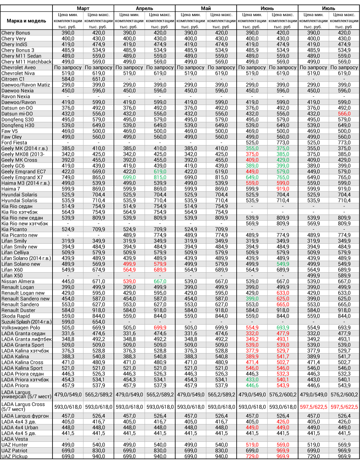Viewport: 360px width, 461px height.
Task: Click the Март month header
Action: coord(83,8)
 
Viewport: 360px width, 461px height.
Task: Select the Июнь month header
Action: coord(267,8)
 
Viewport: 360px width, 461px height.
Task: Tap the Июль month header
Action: coord(329,8)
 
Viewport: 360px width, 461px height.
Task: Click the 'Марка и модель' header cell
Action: coord(26,21)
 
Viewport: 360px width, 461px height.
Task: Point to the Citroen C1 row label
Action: coord(13,79)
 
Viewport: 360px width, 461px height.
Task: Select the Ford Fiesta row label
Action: coord(14,143)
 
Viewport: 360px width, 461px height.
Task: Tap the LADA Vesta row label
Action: coord(14,439)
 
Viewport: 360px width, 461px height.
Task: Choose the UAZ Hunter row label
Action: coord(14,445)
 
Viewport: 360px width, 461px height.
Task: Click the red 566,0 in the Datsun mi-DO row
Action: coord(344,114)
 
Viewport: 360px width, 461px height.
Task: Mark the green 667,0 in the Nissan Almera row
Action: coord(160,281)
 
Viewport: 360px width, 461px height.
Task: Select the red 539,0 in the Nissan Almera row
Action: coord(129,281)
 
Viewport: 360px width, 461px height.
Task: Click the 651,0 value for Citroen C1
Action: coord(98,79)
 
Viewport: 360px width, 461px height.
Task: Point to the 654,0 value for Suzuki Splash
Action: coord(98,322)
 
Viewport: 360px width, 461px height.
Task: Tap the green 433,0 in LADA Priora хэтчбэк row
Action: coord(252,380)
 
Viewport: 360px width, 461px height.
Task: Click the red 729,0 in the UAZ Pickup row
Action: coord(252,456)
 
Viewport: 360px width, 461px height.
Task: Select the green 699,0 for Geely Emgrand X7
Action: coord(129,177)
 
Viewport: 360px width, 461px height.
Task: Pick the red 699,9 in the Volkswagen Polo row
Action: coord(160,328)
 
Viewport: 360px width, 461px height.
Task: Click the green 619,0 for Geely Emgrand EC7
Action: coord(160,172)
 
